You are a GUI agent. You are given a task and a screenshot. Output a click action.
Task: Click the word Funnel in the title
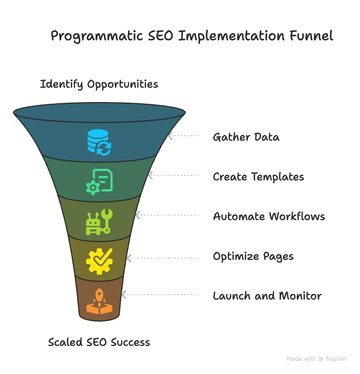[x=311, y=36]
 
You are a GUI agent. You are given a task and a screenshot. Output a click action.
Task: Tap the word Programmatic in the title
[x=97, y=36]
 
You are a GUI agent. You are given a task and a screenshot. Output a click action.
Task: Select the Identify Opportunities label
[x=99, y=84]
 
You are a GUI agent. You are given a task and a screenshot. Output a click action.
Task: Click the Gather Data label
[x=246, y=137]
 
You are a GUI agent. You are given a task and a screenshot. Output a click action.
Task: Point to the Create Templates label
[x=259, y=177]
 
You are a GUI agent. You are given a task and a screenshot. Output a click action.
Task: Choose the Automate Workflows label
[x=269, y=217]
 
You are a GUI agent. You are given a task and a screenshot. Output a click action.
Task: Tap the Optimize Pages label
[x=253, y=257]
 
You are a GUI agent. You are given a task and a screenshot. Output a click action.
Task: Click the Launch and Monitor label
[x=267, y=296]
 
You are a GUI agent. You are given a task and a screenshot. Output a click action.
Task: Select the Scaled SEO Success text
[x=99, y=342]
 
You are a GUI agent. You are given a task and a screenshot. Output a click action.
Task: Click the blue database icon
[x=99, y=142]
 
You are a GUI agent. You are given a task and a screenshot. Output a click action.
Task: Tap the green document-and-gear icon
[x=99, y=181]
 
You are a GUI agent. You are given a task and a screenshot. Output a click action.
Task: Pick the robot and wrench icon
[x=99, y=222]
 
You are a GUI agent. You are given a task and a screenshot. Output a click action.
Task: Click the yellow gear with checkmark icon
[x=99, y=261]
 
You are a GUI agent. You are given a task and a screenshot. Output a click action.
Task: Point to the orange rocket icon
[x=99, y=301]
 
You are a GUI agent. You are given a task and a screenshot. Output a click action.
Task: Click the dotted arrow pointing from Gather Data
[x=184, y=136]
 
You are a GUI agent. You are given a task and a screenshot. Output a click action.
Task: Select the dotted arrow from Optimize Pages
[x=163, y=258]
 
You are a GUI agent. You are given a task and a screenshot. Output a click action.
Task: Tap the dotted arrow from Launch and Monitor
[x=160, y=295]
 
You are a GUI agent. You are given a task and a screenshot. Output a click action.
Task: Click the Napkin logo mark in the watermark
[x=321, y=359]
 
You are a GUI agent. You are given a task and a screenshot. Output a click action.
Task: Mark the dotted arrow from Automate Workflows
[x=167, y=215]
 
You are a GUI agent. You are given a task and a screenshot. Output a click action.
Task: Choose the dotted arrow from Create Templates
[x=173, y=175]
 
